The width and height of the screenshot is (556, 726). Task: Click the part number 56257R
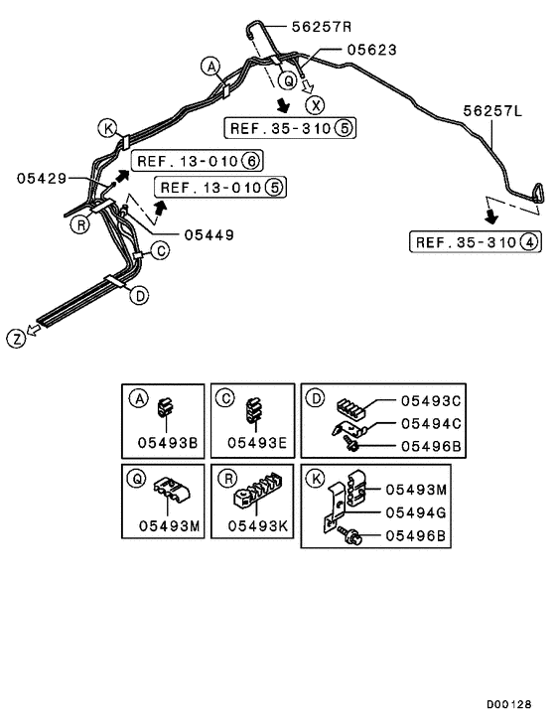click(x=329, y=27)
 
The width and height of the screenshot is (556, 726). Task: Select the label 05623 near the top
click(x=370, y=49)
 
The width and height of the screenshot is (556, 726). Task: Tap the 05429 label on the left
click(x=42, y=178)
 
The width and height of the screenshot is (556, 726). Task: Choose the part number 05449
click(x=208, y=235)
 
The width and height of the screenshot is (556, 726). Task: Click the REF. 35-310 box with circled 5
click(x=291, y=128)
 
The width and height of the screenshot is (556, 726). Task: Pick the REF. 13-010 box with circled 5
click(x=220, y=187)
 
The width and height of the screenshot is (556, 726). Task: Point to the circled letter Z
click(x=16, y=339)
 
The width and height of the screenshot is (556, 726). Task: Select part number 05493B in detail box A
click(x=165, y=442)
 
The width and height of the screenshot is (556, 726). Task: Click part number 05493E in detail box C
click(x=252, y=442)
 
